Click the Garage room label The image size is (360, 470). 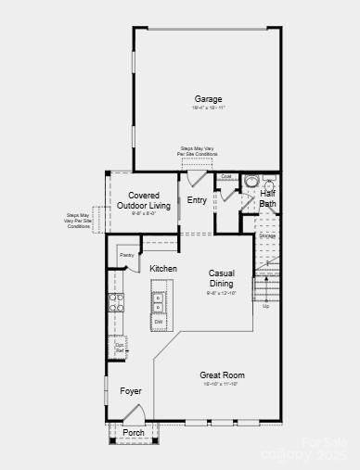click(208, 99)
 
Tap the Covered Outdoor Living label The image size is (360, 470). click(149, 200)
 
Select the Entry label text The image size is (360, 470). click(197, 200)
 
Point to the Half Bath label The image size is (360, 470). click(267, 198)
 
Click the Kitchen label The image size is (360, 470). click(163, 269)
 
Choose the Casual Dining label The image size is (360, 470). click(221, 278)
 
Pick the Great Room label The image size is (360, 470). click(222, 375)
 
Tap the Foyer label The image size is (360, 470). click(131, 391)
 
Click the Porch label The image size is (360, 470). click(134, 432)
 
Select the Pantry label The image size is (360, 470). click(127, 254)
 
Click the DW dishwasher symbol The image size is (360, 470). click(159, 321)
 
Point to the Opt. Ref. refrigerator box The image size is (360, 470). click(120, 348)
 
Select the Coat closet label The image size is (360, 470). click(225, 176)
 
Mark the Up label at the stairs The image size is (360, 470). click(266, 306)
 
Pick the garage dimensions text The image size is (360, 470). click(208, 108)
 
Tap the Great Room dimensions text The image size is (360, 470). click(222, 384)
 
